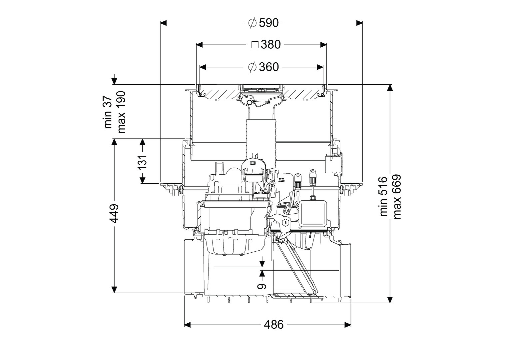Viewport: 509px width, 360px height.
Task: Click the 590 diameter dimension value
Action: (268, 23)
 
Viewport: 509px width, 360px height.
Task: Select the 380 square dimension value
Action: (271, 44)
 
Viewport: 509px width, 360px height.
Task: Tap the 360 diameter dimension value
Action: (268, 67)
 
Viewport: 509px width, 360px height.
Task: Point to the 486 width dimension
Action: (273, 324)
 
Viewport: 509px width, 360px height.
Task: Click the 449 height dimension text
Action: (114, 214)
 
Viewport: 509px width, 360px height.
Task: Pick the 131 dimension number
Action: (143, 162)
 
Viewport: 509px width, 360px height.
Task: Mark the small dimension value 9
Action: (262, 286)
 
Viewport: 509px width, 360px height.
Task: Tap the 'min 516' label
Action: (383, 197)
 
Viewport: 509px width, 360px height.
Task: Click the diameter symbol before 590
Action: (252, 23)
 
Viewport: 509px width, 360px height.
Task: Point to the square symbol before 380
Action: (255, 44)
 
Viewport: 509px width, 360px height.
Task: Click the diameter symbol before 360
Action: (252, 67)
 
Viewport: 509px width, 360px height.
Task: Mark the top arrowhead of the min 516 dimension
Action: (390, 88)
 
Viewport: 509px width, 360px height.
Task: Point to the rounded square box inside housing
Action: (314, 213)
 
